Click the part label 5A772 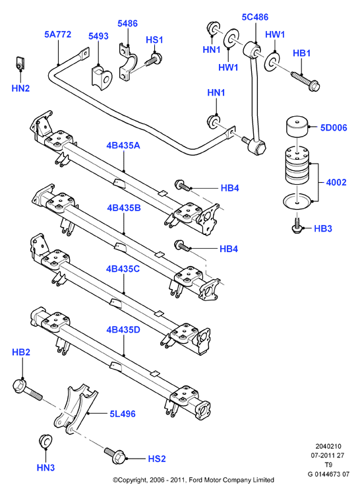pos(58,34)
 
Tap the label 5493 pos(98,36)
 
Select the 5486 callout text pos(127,24)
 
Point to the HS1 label pos(154,40)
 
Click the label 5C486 pos(255,17)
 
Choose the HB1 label pos(301,53)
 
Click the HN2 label pos(20,88)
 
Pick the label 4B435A pos(123,146)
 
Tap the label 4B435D pos(123,330)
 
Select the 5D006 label pos(334,127)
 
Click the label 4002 pos(336,182)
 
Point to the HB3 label pos(323,228)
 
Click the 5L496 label pos(123,414)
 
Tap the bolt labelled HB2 pos(27,390)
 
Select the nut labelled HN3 pos(45,440)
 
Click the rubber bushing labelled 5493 pos(102,78)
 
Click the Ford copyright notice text pos(193,480)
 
